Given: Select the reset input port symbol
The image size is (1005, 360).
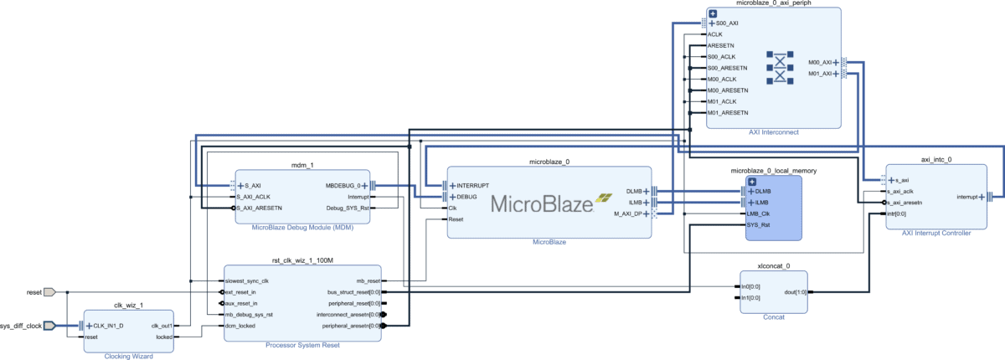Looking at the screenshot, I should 49,292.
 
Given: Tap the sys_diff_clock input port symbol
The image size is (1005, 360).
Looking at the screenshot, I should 49,325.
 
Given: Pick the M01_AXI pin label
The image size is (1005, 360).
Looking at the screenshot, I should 819,74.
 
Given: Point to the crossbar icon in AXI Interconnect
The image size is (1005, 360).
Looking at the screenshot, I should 780,68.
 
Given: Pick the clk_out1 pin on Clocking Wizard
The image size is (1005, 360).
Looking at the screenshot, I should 161,326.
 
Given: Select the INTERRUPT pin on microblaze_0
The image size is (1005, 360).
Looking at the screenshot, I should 473,185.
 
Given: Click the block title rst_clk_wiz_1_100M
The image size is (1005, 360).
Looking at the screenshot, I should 302,260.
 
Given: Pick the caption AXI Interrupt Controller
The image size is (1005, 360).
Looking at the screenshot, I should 935,234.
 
